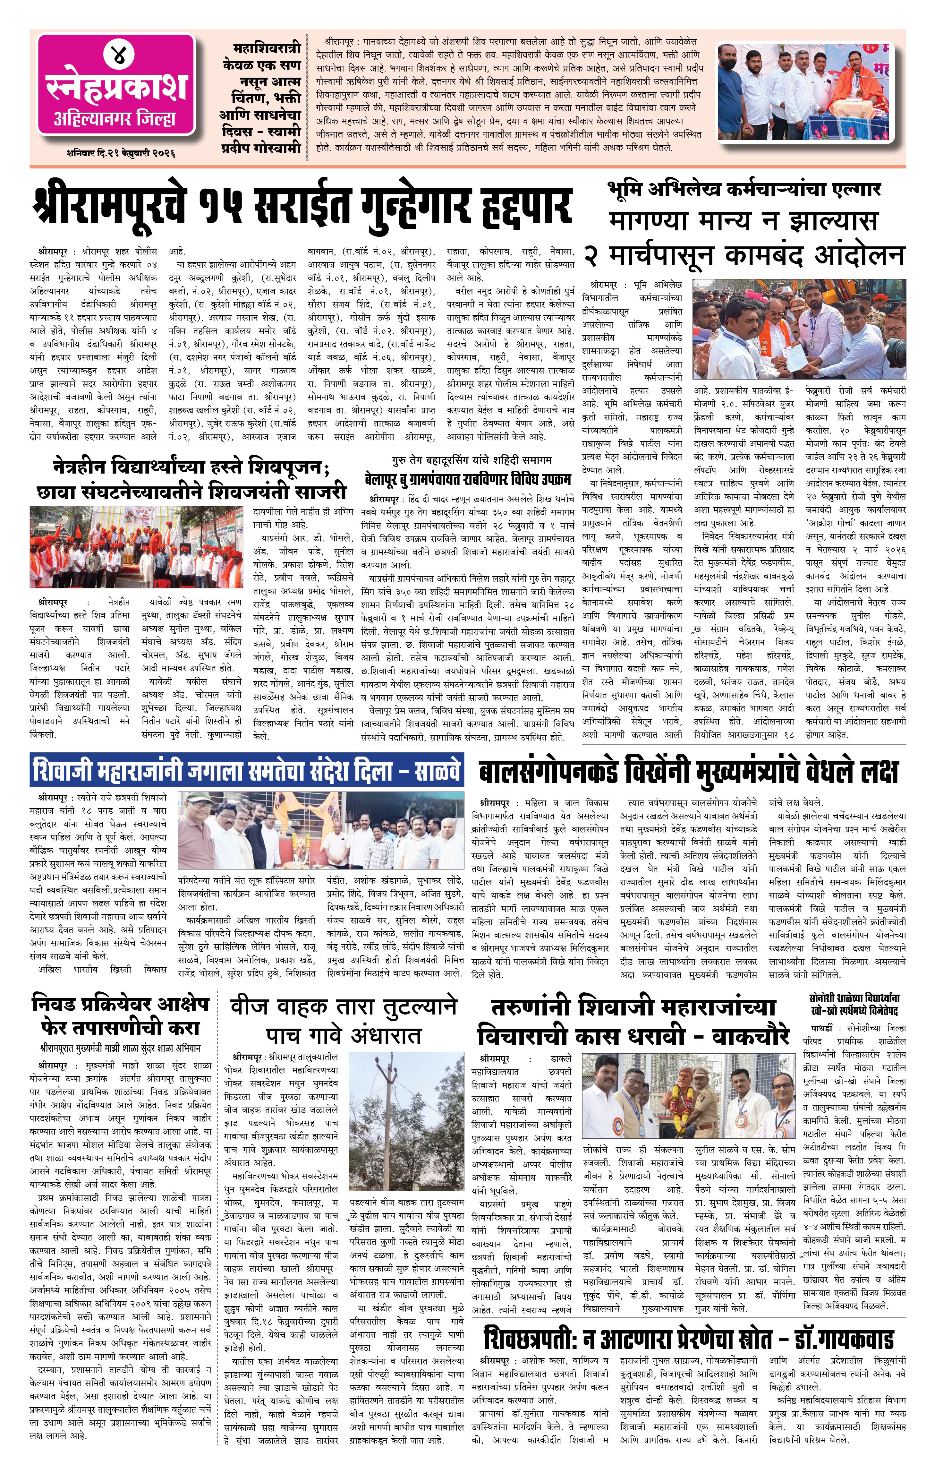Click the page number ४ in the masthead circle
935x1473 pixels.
coord(116,54)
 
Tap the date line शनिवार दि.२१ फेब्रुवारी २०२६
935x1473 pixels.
coord(121,153)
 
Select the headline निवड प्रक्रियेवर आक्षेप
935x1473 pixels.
coord(121,1005)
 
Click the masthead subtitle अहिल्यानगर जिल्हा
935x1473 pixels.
coord(115,119)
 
